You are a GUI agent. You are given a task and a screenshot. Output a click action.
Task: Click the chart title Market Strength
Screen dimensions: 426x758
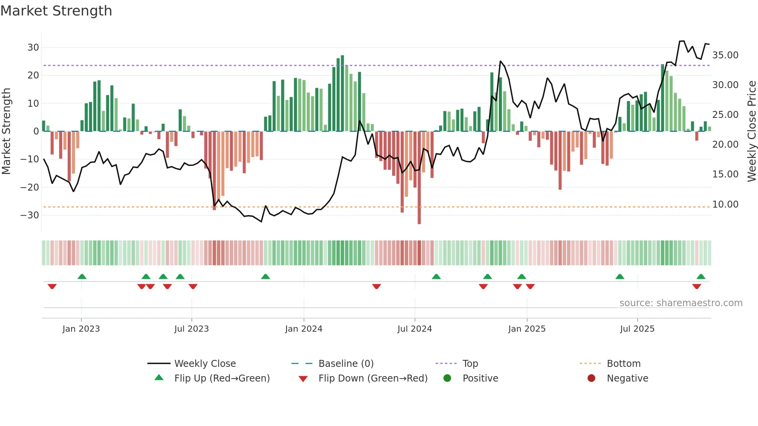coord(56,11)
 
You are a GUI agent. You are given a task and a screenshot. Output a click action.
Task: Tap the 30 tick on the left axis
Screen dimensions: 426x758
coord(33,48)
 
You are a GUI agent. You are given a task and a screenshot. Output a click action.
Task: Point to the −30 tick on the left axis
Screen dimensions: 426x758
coord(30,215)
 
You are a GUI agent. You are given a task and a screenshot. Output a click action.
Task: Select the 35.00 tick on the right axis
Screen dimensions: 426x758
coord(725,55)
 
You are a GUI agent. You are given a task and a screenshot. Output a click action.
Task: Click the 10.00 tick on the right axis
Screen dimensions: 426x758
coord(725,204)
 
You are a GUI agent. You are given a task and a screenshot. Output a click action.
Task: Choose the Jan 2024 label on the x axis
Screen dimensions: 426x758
coord(304,329)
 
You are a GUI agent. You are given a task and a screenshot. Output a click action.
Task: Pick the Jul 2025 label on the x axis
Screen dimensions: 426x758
coord(637,329)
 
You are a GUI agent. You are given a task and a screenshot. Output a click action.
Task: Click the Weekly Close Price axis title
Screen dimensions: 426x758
coord(751,131)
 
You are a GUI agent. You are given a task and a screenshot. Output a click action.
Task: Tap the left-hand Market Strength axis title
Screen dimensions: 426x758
coord(6,131)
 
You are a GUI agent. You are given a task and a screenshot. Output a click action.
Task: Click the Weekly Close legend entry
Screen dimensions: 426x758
coord(205,364)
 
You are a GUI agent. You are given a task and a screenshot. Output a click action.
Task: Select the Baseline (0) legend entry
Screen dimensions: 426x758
coord(346,364)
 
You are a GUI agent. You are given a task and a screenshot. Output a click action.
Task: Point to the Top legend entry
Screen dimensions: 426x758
coord(470,364)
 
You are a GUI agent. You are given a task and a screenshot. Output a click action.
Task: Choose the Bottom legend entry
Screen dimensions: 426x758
coord(623,364)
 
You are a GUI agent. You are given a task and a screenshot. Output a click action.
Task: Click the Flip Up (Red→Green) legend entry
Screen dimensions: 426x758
coord(222,378)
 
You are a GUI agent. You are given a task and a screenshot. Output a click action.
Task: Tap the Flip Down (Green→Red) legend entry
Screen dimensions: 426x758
coord(373,378)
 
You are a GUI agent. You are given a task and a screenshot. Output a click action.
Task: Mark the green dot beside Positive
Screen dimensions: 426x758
coord(447,378)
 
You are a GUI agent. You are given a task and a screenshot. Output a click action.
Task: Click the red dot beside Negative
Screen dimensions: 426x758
coord(591,378)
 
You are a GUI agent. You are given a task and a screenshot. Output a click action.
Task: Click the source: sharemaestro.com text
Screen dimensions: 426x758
coord(681,303)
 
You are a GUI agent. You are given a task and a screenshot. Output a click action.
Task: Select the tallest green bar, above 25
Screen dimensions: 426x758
coord(342,93)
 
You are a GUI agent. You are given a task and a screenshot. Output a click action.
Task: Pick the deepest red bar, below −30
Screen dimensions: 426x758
coord(419,178)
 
